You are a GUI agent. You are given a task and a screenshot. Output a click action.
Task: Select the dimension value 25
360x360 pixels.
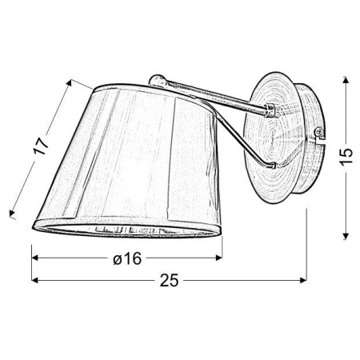point(168,281)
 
